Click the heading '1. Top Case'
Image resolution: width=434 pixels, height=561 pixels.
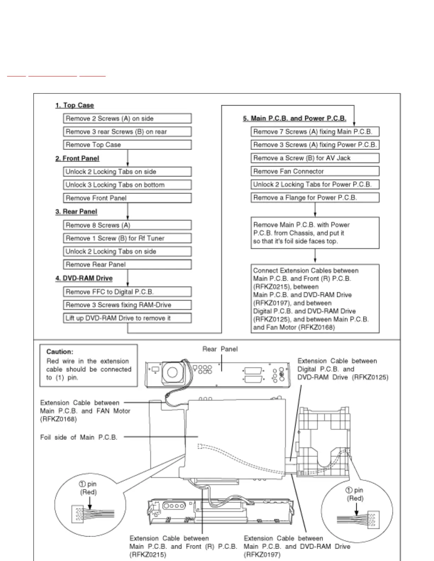(74, 105)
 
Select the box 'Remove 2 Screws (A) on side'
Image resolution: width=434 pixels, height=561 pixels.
(127, 118)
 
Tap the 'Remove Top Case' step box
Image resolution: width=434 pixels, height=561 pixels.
(127, 145)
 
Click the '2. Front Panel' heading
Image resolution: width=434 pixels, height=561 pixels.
(77, 158)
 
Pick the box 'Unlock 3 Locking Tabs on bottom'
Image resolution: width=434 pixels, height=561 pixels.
(127, 185)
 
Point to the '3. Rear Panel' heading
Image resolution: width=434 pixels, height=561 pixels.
(76, 211)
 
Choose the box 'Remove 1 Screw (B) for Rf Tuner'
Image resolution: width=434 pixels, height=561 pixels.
(127, 238)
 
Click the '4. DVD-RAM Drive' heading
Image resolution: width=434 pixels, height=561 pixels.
(84, 278)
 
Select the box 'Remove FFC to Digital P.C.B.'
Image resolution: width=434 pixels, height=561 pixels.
(127, 292)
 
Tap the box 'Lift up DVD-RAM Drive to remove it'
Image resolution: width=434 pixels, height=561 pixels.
(127, 318)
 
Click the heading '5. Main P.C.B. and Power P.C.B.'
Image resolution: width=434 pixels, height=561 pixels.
(294, 118)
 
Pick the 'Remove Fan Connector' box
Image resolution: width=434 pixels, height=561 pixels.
(315, 171)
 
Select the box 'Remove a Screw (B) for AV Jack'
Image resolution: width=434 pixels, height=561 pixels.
(315, 158)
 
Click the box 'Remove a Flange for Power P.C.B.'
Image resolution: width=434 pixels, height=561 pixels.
(315, 198)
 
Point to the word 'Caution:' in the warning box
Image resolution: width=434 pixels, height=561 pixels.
(60, 352)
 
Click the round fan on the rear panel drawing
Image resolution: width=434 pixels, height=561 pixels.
(172, 372)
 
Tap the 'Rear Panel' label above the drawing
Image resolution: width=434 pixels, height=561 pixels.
(220, 349)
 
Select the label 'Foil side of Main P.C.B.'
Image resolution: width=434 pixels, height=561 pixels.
(79, 437)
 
